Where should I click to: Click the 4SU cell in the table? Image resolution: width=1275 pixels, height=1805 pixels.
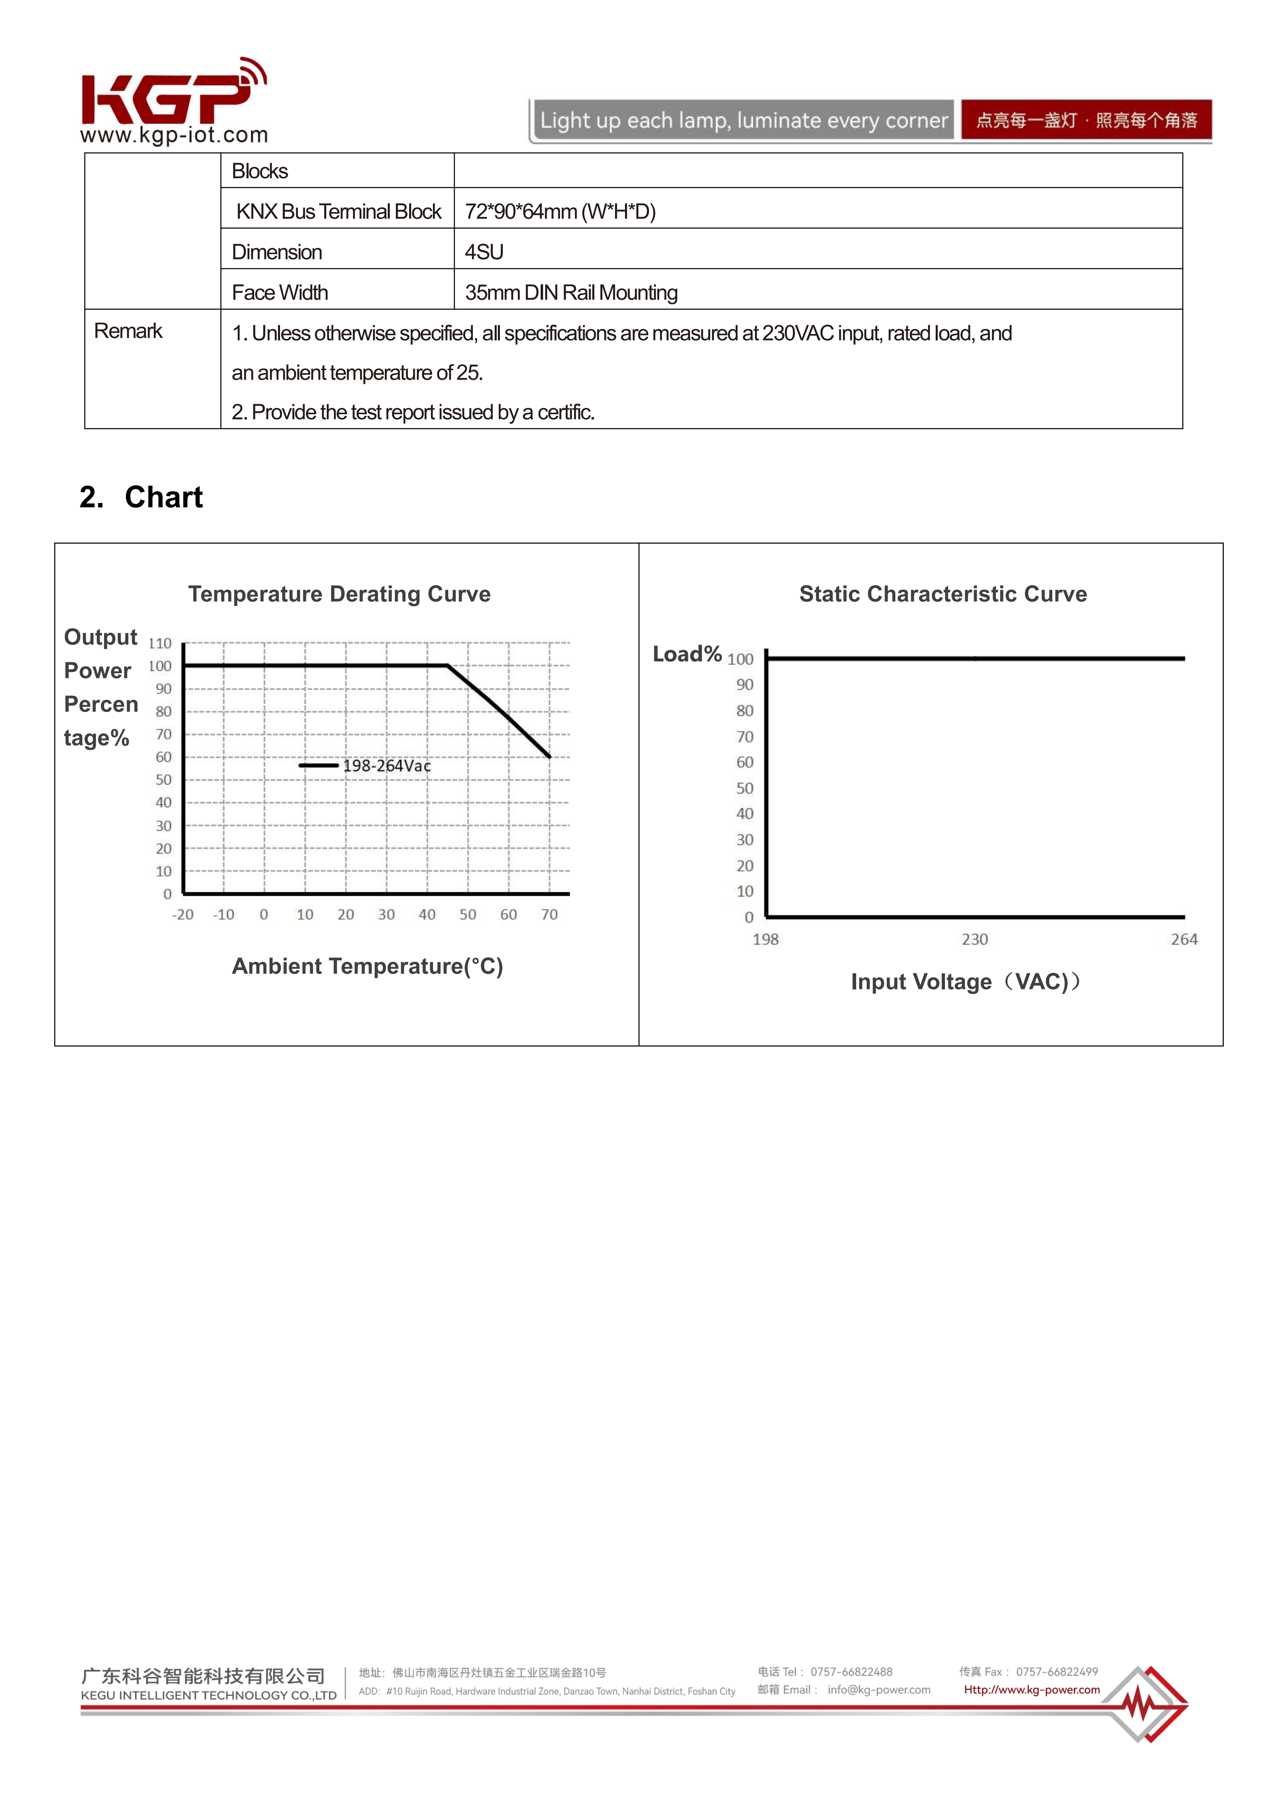[484, 252]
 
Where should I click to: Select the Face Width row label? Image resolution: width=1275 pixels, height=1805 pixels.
[279, 292]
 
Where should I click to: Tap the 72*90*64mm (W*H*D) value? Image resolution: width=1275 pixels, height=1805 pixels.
[560, 211]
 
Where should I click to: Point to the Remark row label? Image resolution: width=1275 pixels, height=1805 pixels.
[128, 331]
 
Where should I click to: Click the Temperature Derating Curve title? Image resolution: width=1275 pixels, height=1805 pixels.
[339, 594]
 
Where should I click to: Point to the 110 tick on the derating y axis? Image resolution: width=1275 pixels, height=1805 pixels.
[160, 643]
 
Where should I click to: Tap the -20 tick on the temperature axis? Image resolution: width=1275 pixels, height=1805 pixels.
[182, 914]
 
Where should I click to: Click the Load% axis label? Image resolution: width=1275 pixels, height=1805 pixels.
[687, 654]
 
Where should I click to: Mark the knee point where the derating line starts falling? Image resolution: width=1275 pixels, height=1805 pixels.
[447, 666]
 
